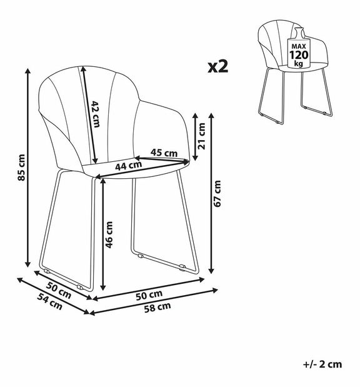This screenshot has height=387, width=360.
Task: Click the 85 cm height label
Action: click(x=22, y=168)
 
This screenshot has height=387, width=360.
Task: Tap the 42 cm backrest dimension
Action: click(x=96, y=114)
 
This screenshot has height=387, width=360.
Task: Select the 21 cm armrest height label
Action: click(x=202, y=136)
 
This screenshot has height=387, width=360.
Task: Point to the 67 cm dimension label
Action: click(x=217, y=194)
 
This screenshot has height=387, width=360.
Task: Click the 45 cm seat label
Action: click(x=164, y=153)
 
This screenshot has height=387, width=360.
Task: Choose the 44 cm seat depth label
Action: click(x=129, y=166)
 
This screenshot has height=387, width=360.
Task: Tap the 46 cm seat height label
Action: click(x=109, y=234)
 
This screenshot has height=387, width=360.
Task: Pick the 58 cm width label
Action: click(x=157, y=308)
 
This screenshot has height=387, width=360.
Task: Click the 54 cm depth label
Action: click(x=49, y=301)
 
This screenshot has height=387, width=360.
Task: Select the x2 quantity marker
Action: click(x=218, y=66)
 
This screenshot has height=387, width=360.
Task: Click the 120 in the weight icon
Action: click(x=299, y=54)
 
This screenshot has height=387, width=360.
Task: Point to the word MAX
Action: click(x=299, y=46)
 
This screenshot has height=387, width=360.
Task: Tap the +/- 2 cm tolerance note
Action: click(x=322, y=364)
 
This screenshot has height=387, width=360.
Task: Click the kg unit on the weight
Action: click(x=299, y=64)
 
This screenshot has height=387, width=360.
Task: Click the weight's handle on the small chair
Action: click(x=299, y=33)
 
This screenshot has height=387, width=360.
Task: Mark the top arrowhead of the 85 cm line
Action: click(x=28, y=71)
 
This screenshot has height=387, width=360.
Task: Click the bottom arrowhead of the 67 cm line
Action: click(x=211, y=271)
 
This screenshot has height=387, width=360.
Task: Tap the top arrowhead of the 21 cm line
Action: click(x=195, y=116)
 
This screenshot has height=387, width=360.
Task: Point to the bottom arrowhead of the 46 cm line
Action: click(x=103, y=288)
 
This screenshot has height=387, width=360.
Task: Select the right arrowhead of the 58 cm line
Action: click(x=214, y=290)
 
